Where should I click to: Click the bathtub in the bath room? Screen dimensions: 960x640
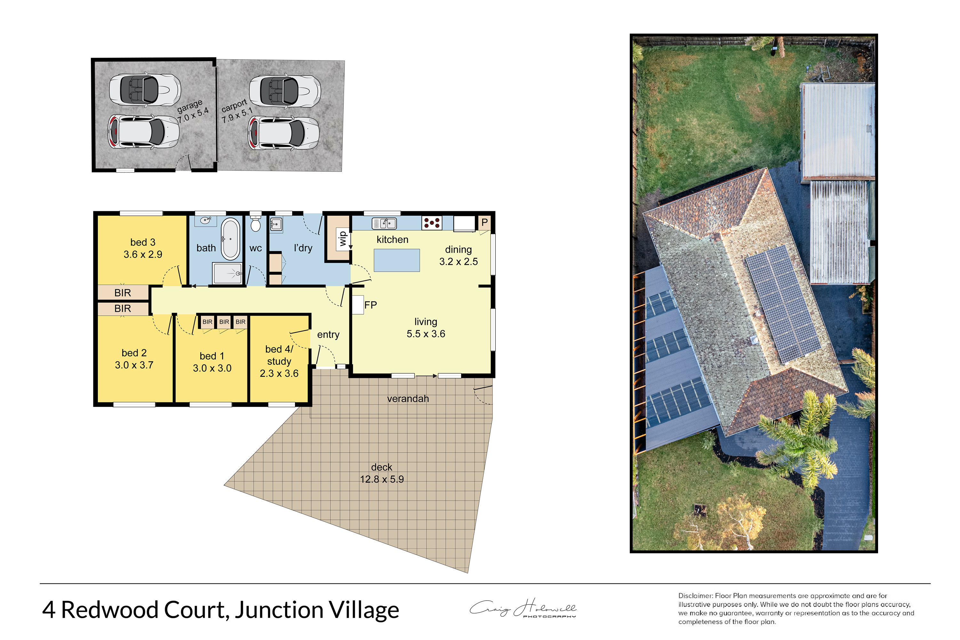click(x=231, y=239)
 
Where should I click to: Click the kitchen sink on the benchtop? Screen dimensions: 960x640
click(x=384, y=223)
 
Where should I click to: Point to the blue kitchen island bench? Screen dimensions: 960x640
click(x=397, y=260)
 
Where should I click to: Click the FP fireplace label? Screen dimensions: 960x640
click(x=370, y=305)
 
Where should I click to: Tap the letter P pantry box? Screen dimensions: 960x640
click(x=484, y=222)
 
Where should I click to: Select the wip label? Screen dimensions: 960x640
click(x=342, y=239)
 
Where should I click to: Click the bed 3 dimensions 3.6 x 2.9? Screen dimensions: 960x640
click(x=143, y=254)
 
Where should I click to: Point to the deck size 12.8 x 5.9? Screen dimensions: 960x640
click(x=382, y=479)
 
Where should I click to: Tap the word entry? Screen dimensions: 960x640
click(x=328, y=335)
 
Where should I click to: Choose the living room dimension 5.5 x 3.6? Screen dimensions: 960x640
click(x=426, y=334)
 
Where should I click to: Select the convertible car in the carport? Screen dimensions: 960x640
click(x=285, y=91)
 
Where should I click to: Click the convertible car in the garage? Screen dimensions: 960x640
click(x=145, y=89)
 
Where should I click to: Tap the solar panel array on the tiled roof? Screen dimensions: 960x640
click(x=783, y=304)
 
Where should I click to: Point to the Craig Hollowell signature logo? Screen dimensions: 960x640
click(x=523, y=608)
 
